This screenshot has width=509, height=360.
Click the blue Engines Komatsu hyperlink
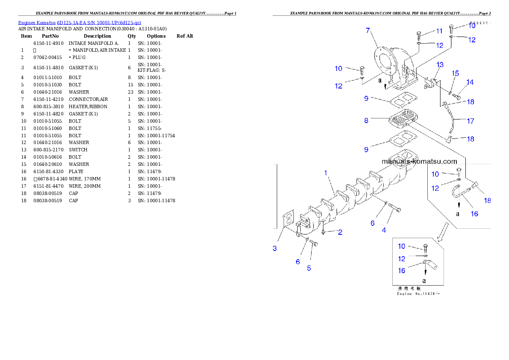80,23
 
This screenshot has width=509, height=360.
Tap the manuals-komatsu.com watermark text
419,161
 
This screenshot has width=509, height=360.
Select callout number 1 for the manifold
326,173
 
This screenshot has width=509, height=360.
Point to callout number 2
340,232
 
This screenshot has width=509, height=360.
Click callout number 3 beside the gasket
275,248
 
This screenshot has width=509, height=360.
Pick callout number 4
384,230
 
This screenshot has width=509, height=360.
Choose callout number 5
309,268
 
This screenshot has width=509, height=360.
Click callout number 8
366,121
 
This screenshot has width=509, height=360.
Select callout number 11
439,31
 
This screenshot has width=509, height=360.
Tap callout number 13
440,65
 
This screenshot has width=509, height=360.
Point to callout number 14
470,82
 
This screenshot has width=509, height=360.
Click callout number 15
456,73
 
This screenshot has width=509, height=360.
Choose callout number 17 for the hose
471,121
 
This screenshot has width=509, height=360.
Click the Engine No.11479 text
417,294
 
